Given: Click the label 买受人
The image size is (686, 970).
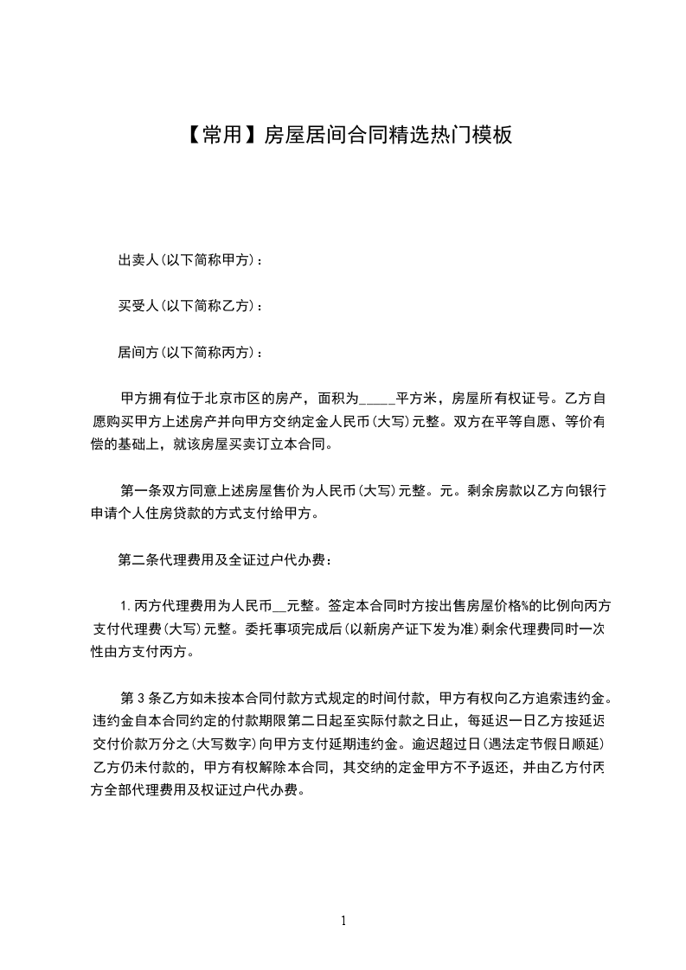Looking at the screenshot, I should [136, 306].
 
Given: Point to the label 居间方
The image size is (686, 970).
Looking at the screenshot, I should [136, 353].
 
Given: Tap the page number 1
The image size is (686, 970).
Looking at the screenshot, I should [343, 922].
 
